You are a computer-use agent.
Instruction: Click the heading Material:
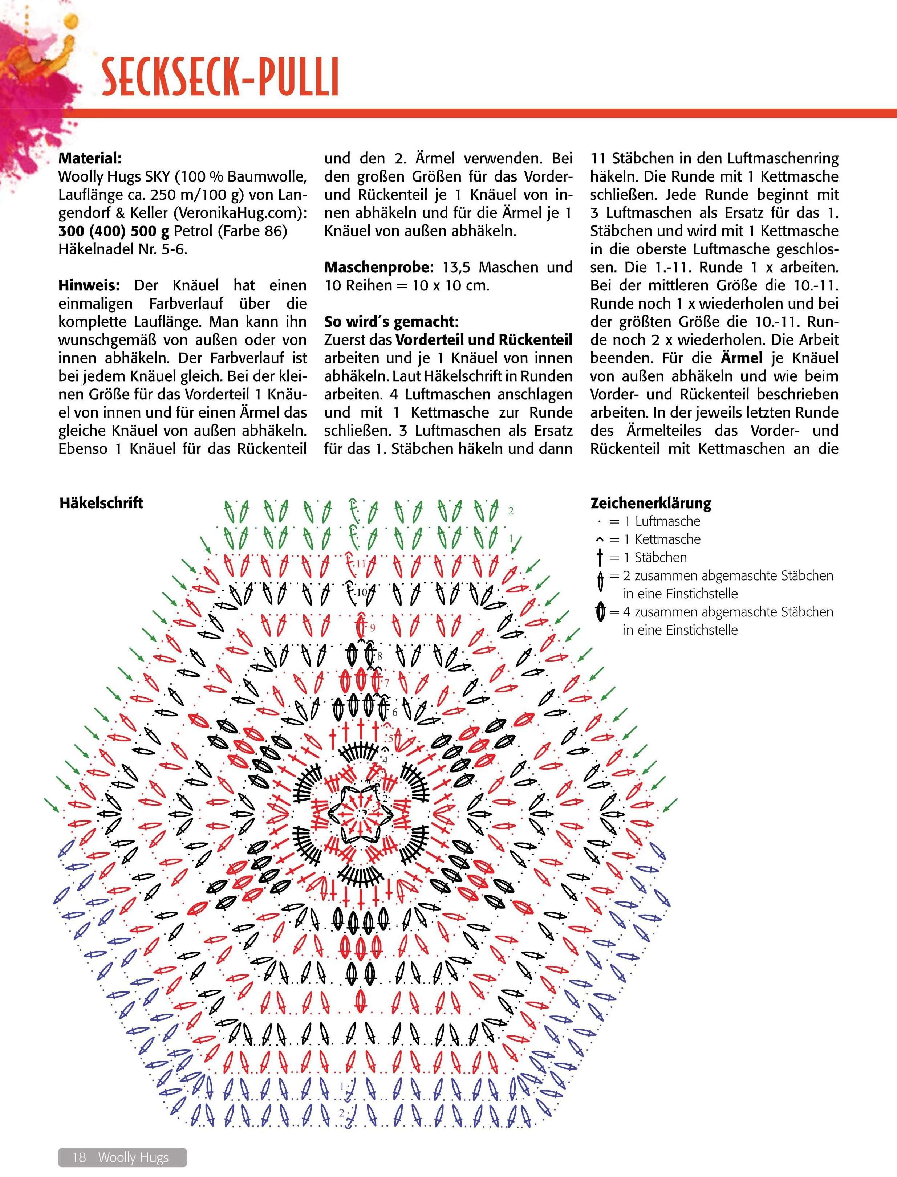[x=90, y=159]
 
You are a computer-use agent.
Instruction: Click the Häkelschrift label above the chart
[x=101, y=503]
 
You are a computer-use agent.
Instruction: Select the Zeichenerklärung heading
[x=650, y=503]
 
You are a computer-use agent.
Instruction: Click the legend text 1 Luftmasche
[x=667, y=521]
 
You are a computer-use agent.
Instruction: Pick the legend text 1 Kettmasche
[x=667, y=539]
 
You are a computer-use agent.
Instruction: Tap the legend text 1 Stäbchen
[x=661, y=557]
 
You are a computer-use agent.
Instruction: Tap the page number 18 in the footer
[x=80, y=1157]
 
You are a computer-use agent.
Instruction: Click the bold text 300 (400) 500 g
[x=113, y=231]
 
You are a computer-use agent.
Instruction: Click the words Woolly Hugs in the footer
[x=134, y=1157]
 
